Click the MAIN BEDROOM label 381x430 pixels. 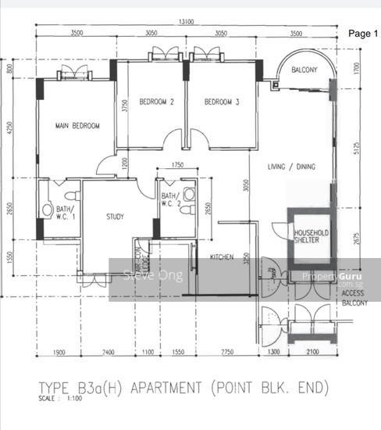(77, 126)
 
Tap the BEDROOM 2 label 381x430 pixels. (156, 102)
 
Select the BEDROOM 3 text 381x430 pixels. (222, 102)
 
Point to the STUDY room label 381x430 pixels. (117, 217)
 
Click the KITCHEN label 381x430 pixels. (221, 256)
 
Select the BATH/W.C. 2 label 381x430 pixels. (170, 200)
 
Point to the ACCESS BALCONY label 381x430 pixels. (353, 298)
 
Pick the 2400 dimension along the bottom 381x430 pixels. (109, 354)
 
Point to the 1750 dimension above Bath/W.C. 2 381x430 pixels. (176, 165)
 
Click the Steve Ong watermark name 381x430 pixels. (153, 275)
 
